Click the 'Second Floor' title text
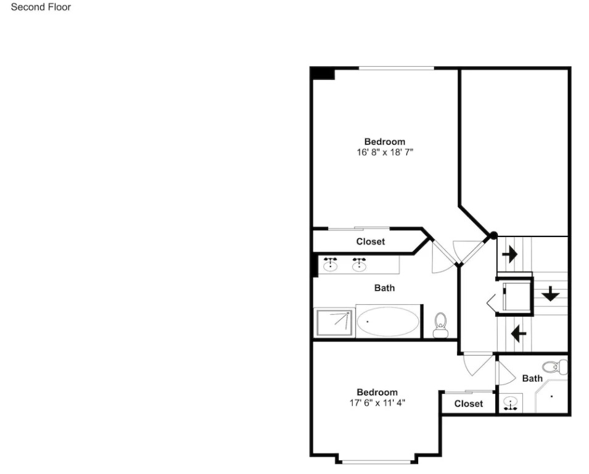(41, 7)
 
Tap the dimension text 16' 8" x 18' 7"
(385, 152)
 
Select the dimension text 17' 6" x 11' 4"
(377, 403)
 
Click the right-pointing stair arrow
(509, 254)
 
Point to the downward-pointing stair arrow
(551, 294)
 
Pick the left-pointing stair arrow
(519, 333)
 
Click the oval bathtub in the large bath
(388, 322)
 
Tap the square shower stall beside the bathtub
(334, 323)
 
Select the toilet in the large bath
(440, 325)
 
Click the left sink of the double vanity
(330, 264)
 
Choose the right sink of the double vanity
(360, 264)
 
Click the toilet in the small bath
(555, 367)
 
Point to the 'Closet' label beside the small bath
(468, 404)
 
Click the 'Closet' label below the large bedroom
(371, 242)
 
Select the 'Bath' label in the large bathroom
(384, 288)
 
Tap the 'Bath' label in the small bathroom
(532, 378)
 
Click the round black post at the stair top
(493, 235)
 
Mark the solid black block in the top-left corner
(323, 73)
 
